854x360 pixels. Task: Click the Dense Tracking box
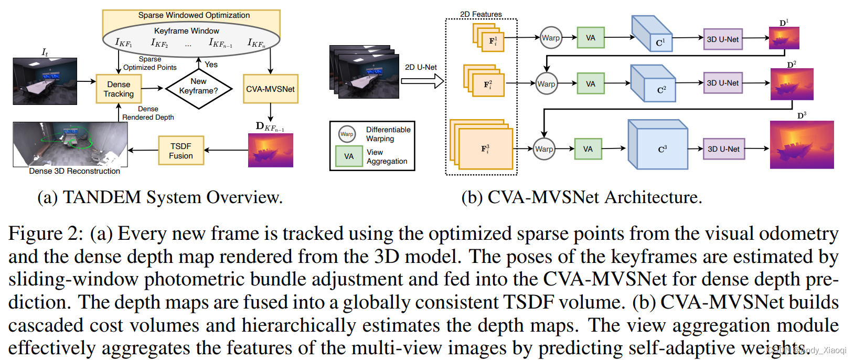119,89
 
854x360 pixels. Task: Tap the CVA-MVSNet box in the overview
270,89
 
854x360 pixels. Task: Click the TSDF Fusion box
181,151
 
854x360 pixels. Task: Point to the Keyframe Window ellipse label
186,31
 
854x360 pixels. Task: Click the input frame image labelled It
45,81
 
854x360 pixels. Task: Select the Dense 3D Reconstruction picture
70,144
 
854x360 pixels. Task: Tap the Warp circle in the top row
551,38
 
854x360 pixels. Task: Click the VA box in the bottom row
588,149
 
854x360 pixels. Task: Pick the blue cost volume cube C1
652,34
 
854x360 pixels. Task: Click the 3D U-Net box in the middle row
722,83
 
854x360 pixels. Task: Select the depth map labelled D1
784,38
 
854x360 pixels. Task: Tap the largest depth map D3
802,145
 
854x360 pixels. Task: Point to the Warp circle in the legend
347,134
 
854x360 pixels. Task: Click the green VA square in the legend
349,156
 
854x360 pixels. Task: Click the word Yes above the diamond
211,65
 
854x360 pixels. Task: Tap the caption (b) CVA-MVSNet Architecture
581,197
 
